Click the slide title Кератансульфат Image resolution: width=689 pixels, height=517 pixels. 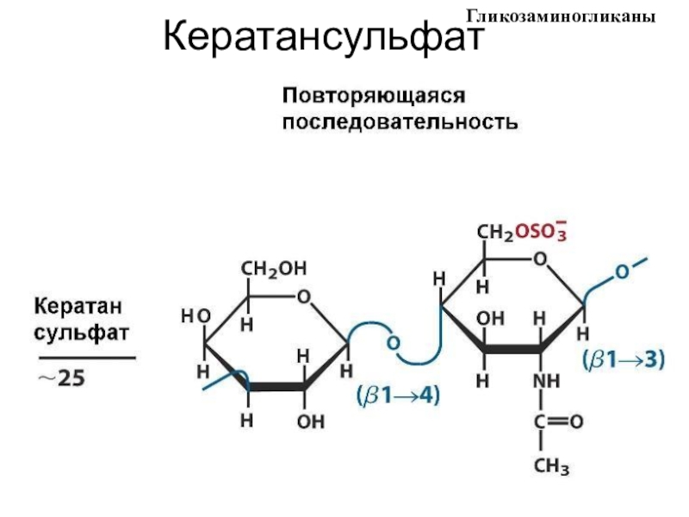click(x=324, y=38)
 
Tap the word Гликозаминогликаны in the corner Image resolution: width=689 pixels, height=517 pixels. click(x=568, y=16)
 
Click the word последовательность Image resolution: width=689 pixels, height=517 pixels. click(x=401, y=121)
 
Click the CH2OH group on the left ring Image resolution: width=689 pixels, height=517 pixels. click(x=273, y=269)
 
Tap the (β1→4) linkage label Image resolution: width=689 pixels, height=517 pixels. click(x=397, y=396)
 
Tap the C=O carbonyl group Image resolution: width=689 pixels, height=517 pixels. click(x=555, y=424)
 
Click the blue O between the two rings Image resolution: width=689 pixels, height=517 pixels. click(x=393, y=344)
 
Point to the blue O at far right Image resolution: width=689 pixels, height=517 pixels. click(x=622, y=272)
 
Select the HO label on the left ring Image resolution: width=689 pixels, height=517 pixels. click(x=195, y=316)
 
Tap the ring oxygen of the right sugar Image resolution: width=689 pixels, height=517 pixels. click(x=541, y=259)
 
